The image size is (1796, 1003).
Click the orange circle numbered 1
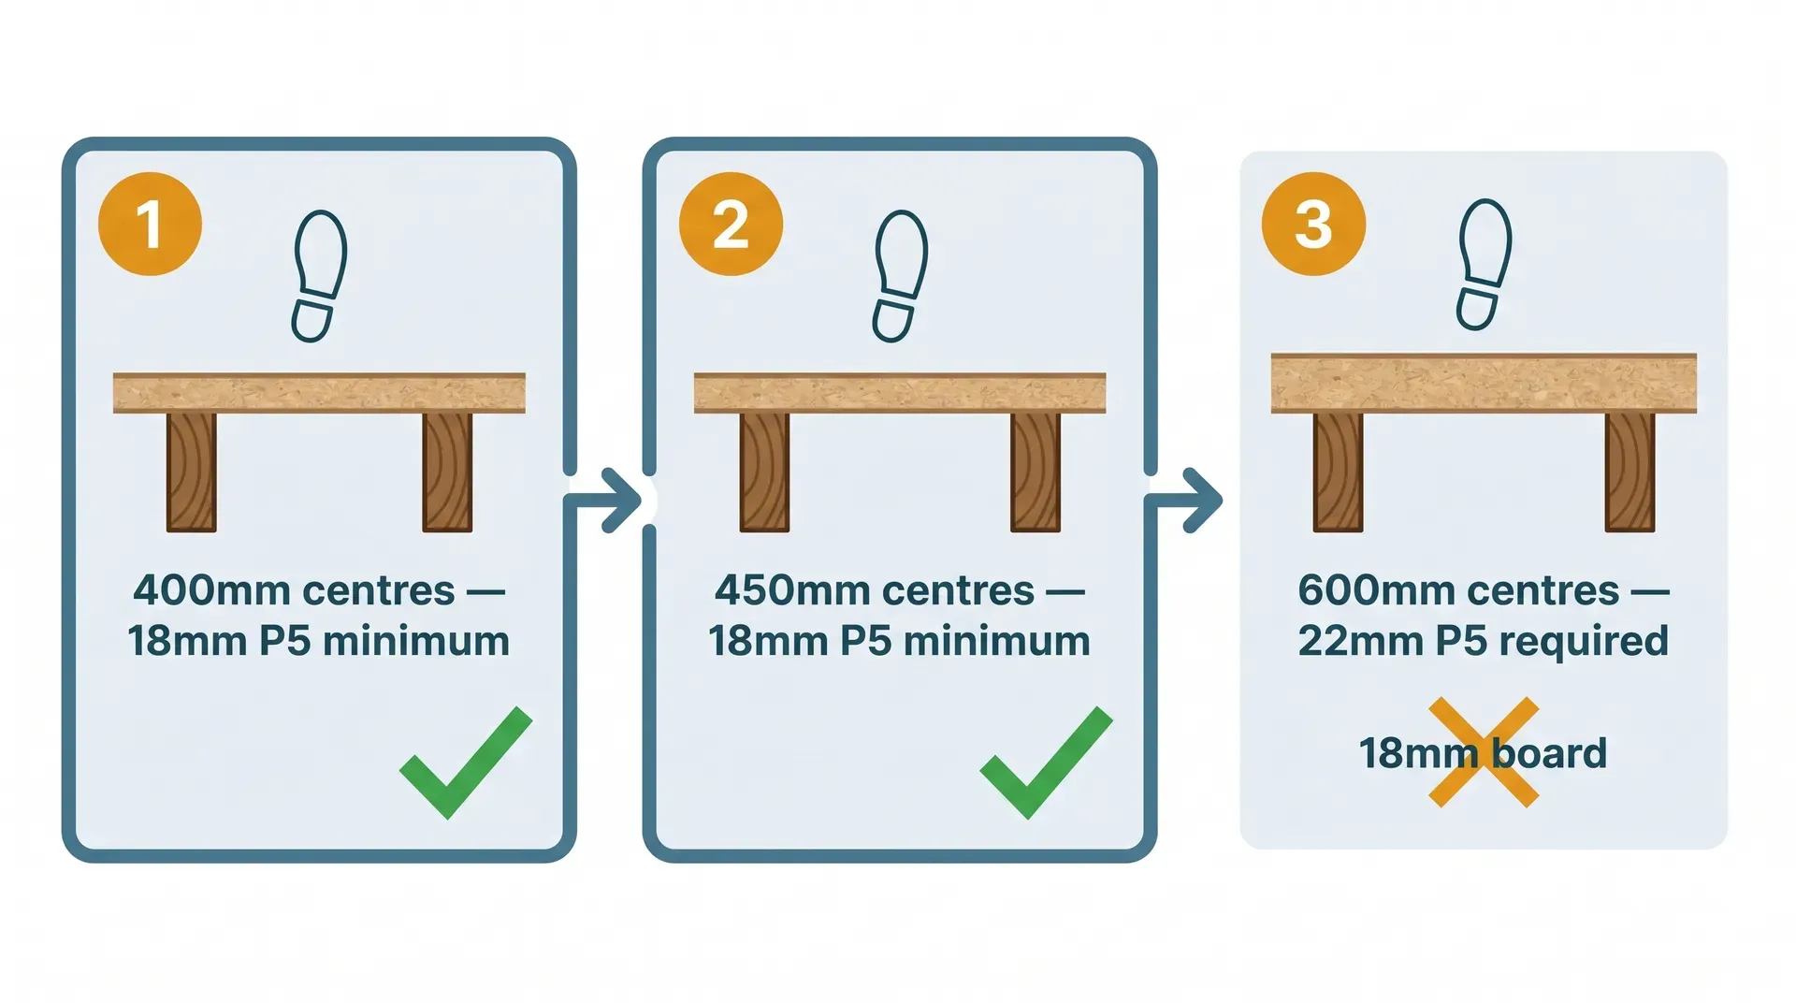pyautogui.click(x=150, y=224)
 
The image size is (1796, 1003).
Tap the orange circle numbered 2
pyautogui.click(x=731, y=224)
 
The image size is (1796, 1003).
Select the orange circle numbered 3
pyautogui.click(x=1313, y=224)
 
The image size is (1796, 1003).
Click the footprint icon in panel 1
pyautogui.click(x=319, y=276)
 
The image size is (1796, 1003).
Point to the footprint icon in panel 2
pyautogui.click(x=900, y=276)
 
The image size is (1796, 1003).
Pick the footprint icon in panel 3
pyautogui.click(x=1484, y=265)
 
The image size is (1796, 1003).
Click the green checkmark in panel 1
pyautogui.click(x=465, y=763)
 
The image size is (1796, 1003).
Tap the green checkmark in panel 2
pyautogui.click(x=1046, y=763)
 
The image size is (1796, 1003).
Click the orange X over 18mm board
pyautogui.click(x=1484, y=752)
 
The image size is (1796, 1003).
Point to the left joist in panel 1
pyautogui.click(x=192, y=472)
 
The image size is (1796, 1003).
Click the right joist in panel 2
pyautogui.click(x=1036, y=472)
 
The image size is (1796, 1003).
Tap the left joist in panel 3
pyautogui.click(x=1338, y=472)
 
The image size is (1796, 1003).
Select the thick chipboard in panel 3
pyautogui.click(x=1484, y=384)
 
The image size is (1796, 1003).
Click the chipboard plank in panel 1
pyautogui.click(x=319, y=393)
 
